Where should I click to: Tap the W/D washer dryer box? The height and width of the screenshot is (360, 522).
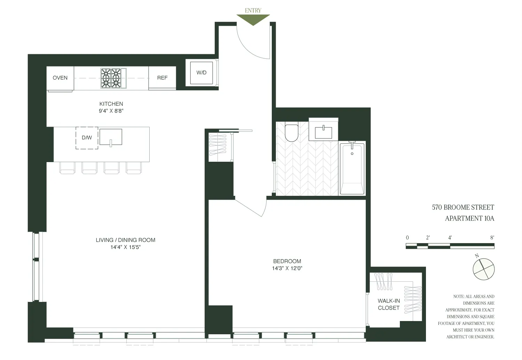[x=201, y=73]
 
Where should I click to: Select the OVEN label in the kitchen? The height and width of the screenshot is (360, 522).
[x=60, y=78]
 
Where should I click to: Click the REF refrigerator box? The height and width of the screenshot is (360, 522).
[x=162, y=78]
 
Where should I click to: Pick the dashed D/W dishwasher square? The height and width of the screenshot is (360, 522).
[x=87, y=138]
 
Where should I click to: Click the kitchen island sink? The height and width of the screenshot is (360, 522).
[x=111, y=137]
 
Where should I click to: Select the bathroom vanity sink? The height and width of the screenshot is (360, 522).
[x=323, y=132]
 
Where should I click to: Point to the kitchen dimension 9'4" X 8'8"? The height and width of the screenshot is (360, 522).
[x=111, y=111]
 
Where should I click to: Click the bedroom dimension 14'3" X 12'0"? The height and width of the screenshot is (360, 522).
[x=287, y=269]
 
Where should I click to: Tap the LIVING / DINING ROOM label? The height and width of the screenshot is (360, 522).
[x=125, y=240]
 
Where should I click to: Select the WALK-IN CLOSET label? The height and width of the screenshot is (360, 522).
[x=389, y=304]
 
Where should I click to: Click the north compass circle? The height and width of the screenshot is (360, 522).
[x=483, y=269]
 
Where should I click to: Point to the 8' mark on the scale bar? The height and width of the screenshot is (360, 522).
[x=492, y=238]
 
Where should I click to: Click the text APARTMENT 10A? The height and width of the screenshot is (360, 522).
[x=469, y=218]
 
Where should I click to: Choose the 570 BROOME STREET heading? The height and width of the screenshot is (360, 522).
[x=463, y=207]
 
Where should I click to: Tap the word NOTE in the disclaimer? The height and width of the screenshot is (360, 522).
[x=458, y=297]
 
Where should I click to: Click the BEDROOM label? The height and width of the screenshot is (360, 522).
[x=287, y=261]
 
